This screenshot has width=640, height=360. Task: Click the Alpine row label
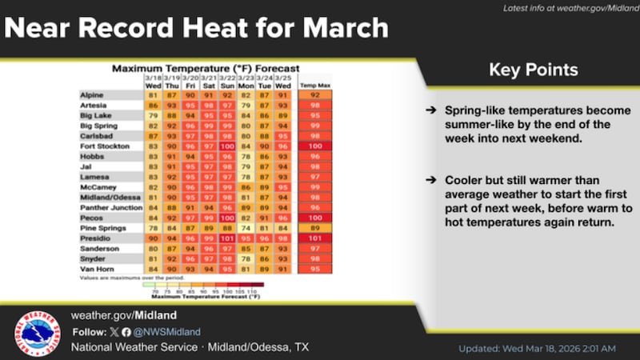[x=92, y=95]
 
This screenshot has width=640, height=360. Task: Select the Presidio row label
[x=95, y=238]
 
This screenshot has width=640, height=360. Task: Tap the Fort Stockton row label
[x=101, y=147]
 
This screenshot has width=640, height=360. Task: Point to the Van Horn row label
[x=96, y=269]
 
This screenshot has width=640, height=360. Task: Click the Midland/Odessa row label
[x=105, y=196]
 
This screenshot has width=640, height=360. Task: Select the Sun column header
[x=227, y=84]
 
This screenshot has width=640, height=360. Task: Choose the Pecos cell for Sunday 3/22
[x=227, y=217]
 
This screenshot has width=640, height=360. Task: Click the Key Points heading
[x=528, y=70]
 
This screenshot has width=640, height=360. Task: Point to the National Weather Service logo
[x=37, y=332]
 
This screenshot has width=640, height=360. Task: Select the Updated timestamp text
[x=537, y=349]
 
